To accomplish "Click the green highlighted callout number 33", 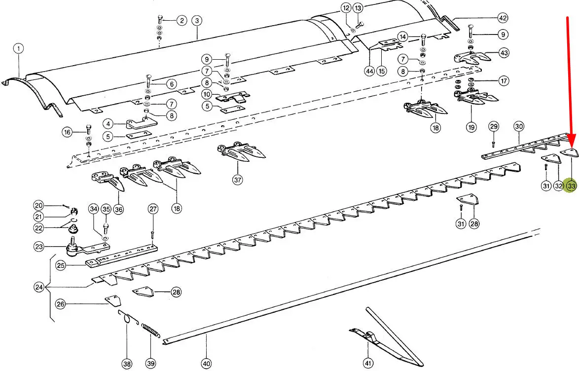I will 572,186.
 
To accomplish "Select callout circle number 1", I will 19,48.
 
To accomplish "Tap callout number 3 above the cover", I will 196,21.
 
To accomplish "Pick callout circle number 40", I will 206,364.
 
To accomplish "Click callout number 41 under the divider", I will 368,364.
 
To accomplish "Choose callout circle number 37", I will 238,180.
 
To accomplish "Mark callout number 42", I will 503,18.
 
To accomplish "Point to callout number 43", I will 504,52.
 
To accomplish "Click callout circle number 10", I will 207,94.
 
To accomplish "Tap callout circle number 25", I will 61,265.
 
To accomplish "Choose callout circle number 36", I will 118,209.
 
